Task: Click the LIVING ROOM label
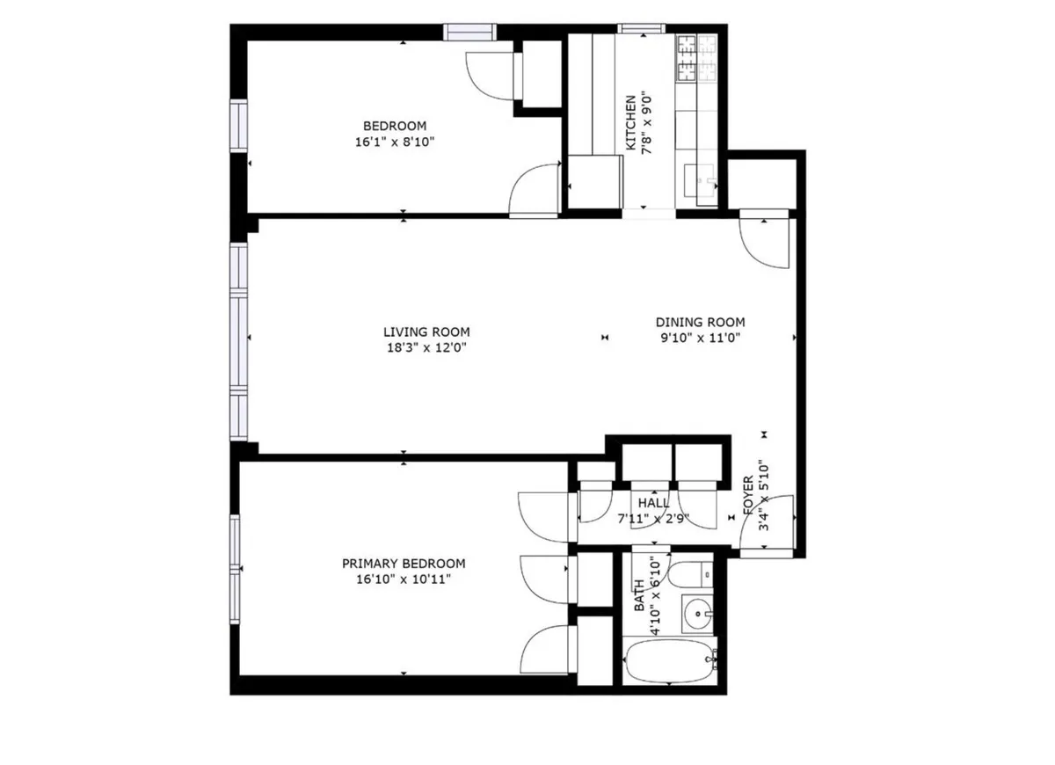(x=426, y=332)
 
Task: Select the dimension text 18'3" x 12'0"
(x=426, y=348)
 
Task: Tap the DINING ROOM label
(x=700, y=323)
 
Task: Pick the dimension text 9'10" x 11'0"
(x=700, y=339)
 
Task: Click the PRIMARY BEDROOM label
(x=404, y=564)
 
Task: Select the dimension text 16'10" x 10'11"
(x=404, y=579)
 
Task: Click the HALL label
(x=654, y=502)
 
